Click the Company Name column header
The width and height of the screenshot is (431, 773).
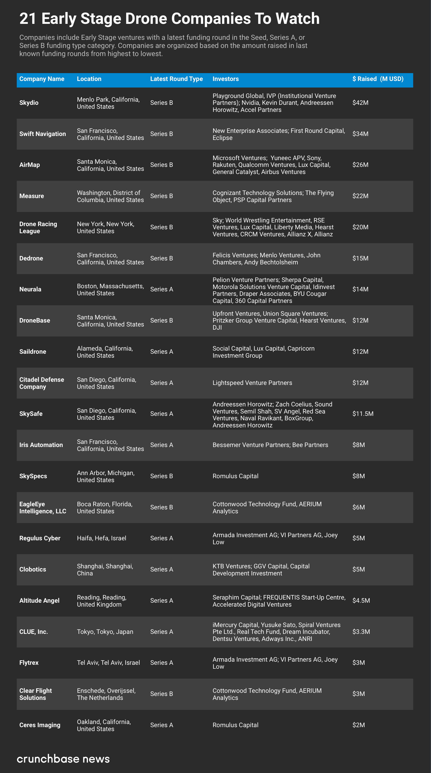click(42, 79)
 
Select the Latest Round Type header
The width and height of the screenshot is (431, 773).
click(176, 79)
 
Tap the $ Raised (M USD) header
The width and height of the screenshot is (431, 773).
click(378, 79)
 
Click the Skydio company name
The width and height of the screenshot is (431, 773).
click(29, 103)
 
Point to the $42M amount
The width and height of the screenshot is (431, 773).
click(360, 103)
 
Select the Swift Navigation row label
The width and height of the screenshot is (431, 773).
click(43, 134)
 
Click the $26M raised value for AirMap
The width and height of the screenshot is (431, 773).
click(360, 165)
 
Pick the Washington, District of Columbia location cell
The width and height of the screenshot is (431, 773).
click(110, 196)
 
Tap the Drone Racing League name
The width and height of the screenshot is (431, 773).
click(38, 227)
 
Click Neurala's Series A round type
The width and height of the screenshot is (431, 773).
click(161, 289)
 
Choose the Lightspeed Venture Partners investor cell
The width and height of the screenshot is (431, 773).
click(252, 383)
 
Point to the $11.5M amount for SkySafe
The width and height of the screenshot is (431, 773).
click(363, 414)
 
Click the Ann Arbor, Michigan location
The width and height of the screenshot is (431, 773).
click(106, 476)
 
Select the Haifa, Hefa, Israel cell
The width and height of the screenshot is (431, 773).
click(101, 538)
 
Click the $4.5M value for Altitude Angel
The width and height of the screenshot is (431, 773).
click(361, 601)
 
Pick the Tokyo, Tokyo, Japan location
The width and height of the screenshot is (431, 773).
click(105, 632)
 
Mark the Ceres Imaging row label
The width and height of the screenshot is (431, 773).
click(40, 725)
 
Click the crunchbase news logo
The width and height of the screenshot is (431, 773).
click(63, 759)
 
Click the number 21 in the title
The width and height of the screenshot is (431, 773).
click(27, 19)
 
